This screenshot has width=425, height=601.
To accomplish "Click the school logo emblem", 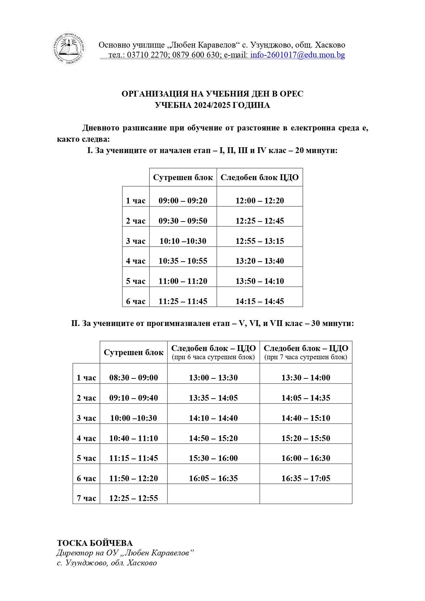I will tap(68, 48).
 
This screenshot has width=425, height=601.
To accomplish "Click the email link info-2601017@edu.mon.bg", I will tap(297, 55).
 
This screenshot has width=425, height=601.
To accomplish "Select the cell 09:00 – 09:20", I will tap(183, 201).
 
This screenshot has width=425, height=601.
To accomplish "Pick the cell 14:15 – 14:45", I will tap(260, 301).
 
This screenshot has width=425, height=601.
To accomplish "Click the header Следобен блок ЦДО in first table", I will tap(260, 177).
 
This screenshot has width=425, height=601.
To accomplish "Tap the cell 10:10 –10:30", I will tap(183, 241).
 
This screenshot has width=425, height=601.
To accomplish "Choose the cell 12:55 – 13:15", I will tap(260, 241).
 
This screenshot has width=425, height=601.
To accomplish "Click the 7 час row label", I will tap(86, 498).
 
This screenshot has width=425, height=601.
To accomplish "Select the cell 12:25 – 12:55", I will tap(134, 498).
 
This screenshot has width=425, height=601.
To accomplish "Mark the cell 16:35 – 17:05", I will tap(306, 478).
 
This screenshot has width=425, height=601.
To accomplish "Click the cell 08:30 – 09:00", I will tap(134, 378).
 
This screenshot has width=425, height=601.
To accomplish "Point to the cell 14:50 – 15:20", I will tap(213, 438).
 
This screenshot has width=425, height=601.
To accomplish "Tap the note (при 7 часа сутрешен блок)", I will tap(306, 357).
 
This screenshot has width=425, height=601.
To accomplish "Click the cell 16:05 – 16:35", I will tap(213, 478).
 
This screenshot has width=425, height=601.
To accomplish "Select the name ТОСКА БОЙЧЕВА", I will tap(95, 543).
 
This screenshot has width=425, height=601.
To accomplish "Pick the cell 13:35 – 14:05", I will tap(213, 398).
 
